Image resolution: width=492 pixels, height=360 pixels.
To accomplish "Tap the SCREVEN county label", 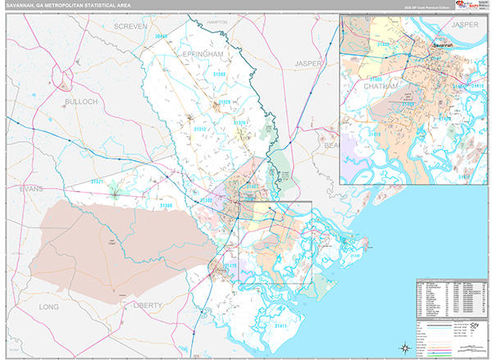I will [x=130, y=26].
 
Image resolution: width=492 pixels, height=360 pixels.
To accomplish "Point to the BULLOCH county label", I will [x=80, y=101].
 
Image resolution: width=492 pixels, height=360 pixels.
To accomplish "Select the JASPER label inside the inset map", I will [x=463, y=25].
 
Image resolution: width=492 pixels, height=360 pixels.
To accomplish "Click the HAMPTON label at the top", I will [x=217, y=22].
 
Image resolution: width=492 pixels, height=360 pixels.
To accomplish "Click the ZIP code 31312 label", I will [x=200, y=129].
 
